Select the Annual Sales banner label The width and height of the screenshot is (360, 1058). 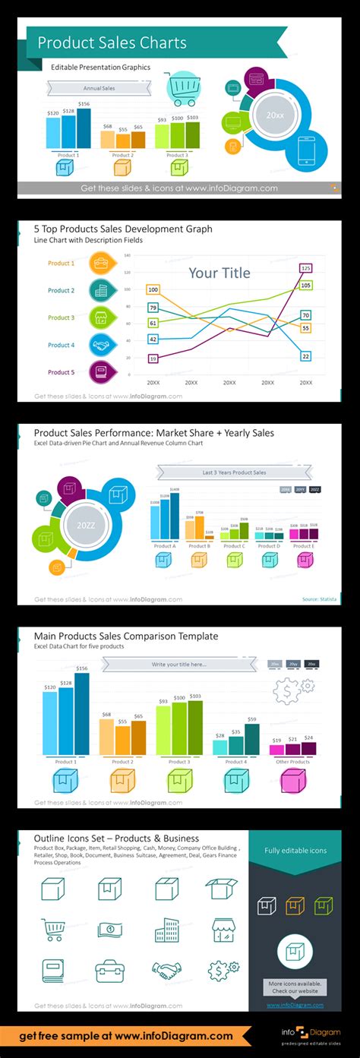pyautogui.click(x=98, y=89)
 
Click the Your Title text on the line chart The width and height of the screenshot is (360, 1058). pyautogui.click(x=219, y=273)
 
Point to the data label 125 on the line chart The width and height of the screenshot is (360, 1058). pyautogui.click(x=305, y=268)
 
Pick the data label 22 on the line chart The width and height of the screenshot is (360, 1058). pyautogui.click(x=305, y=355)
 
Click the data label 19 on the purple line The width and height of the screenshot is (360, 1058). pyautogui.click(x=153, y=358)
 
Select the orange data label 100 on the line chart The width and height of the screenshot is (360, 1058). pyautogui.click(x=153, y=289)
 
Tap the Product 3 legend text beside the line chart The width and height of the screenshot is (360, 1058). pyautogui.click(x=61, y=317)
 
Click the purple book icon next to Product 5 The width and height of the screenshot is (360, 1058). pyautogui.click(x=100, y=372)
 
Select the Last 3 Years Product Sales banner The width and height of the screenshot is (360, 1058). pyautogui.click(x=234, y=472)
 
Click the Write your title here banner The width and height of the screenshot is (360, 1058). pyautogui.click(x=178, y=665)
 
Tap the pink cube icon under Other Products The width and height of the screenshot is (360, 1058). pyautogui.click(x=293, y=781)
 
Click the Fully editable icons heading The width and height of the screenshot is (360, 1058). pyautogui.click(x=296, y=850)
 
